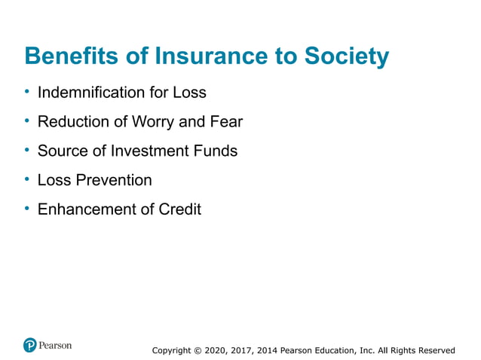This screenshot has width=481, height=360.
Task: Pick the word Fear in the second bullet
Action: pyautogui.click(x=225, y=121)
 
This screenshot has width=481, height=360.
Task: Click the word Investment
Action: pyautogui.click(x=155, y=151)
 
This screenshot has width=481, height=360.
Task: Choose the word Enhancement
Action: pyautogui.click(x=83, y=209)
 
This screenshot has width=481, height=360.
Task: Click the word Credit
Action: pyautogui.click(x=179, y=209)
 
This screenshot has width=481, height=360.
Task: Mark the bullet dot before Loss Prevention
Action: pyautogui.click(x=27, y=179)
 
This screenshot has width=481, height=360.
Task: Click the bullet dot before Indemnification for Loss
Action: pyautogui.click(x=27, y=92)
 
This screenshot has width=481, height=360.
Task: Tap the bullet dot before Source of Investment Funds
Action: pyautogui.click(x=27, y=150)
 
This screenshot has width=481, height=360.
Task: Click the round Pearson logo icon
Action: pyautogui.click(x=30, y=346)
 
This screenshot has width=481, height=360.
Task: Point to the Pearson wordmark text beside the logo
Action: pyautogui.click(x=56, y=345)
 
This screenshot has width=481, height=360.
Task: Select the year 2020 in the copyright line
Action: pyautogui.click(x=219, y=350)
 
